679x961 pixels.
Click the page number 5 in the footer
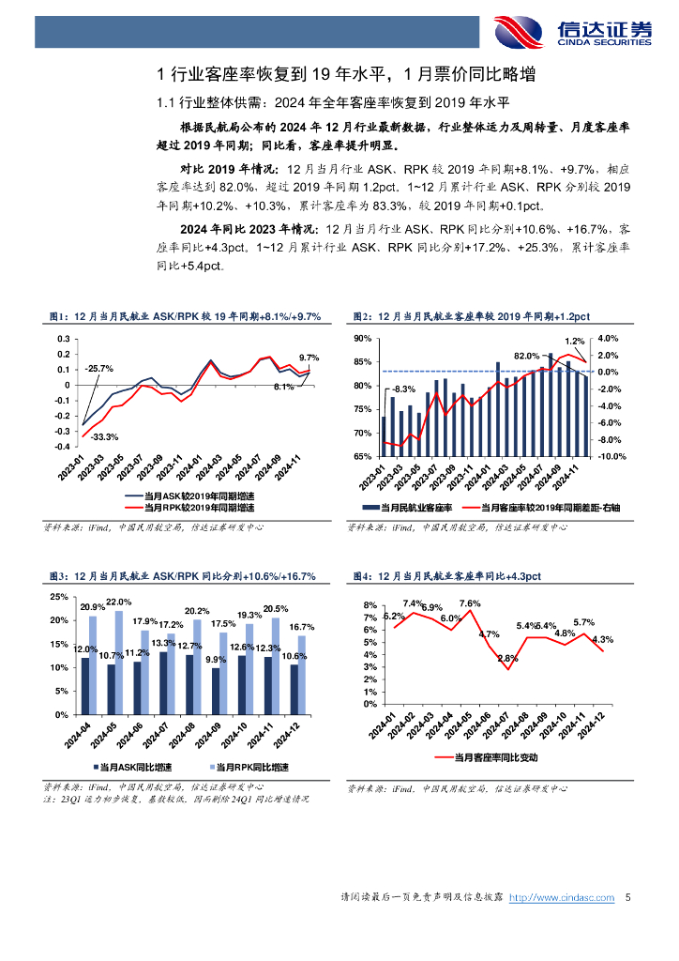pyautogui.click(x=627, y=898)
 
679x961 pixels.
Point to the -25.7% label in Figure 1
pyautogui.click(x=98, y=368)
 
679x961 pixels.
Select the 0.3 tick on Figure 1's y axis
pyautogui.click(x=63, y=339)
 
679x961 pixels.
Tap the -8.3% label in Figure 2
pyautogui.click(x=403, y=389)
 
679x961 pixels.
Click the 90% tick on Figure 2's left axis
pyautogui.click(x=364, y=339)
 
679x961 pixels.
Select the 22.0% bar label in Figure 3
pyautogui.click(x=118, y=602)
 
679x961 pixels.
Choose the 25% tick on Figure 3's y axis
pyautogui.click(x=57, y=597)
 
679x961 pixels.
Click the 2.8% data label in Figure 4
pyautogui.click(x=507, y=658)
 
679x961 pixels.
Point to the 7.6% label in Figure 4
pyautogui.click(x=471, y=603)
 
